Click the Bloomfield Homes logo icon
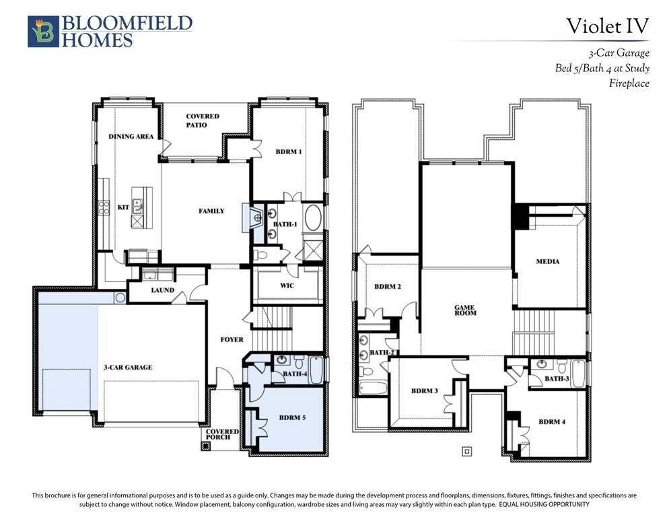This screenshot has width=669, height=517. coord(43,31)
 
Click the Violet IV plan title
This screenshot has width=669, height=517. coord(607,26)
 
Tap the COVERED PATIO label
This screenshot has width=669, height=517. coord(202,120)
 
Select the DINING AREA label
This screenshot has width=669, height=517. coord(131,136)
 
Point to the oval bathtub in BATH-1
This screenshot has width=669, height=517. coord(313,217)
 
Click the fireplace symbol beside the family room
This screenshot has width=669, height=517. coord(255,217)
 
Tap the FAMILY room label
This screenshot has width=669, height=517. coord(211,211)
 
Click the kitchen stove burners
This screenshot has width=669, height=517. coord(104,207)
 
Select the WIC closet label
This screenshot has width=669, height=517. coord(287,285)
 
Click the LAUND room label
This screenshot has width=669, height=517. coord(163,290)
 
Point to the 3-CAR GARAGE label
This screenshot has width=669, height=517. coord(128,367)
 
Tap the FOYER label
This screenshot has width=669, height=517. coord(232,339)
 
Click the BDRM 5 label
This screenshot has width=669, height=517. coord(292,417)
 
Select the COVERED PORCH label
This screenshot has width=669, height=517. coord(222,434)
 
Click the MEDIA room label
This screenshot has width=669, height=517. coord(547,261)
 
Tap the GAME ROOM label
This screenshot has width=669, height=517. coord(464,310)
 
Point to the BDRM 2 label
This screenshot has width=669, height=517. coord(388,287)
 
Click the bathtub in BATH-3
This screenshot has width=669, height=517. coord(577,374)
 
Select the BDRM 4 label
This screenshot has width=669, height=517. coord(552,422)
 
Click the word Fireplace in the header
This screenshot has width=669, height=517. coord(629,83)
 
